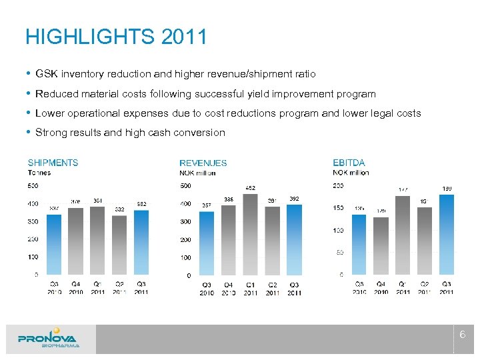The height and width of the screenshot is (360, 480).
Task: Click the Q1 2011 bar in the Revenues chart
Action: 251,233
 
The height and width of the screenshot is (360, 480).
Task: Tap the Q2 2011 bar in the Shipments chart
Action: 119,245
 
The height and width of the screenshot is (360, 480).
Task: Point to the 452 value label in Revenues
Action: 251,188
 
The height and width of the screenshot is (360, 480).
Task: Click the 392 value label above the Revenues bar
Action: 294,199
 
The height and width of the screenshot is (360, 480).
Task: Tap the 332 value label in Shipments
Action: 119,209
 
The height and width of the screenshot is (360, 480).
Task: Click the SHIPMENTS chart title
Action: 53,163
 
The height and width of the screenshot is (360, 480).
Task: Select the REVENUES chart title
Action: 203,163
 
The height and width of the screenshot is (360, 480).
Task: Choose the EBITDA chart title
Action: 349,163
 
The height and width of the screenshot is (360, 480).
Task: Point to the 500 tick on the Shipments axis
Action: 32,185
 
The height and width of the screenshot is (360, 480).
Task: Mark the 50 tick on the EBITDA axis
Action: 339,252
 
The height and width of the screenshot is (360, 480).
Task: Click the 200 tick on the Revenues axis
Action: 186,239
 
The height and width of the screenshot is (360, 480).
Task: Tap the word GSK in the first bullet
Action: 46,74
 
